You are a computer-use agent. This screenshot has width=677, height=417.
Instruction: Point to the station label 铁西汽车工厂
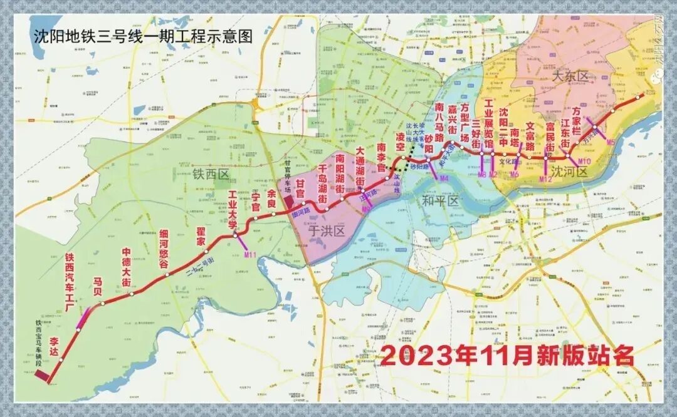pos(70,282)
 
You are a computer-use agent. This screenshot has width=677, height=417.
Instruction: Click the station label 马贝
pos(97,285)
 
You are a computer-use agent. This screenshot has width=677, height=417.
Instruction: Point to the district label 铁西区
pos(211,174)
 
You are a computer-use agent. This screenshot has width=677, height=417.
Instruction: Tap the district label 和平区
pos(441,201)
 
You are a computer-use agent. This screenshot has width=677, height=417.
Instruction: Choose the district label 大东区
pos(570,76)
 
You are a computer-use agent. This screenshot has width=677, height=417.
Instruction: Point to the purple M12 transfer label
pos(545,179)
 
